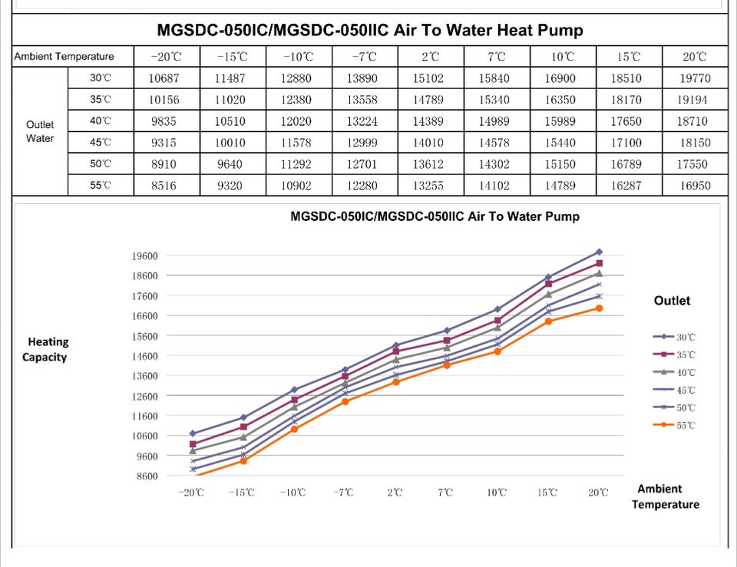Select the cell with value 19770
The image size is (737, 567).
694,78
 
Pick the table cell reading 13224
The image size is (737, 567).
364,121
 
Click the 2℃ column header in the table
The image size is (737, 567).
431,57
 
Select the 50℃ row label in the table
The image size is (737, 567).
101,164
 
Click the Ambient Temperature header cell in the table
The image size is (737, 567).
64,57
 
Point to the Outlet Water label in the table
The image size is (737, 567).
40,131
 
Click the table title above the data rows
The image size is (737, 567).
369,31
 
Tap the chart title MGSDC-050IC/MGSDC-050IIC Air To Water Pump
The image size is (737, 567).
435,217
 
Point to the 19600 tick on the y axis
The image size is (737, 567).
144,256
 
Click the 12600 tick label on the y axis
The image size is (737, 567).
144,396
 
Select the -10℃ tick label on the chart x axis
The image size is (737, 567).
292,493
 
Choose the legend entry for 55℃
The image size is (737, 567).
674,425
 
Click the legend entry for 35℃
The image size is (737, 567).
674,354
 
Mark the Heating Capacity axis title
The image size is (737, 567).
48,350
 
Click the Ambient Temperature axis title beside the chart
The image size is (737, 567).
665,496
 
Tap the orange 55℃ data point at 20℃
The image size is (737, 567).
599,308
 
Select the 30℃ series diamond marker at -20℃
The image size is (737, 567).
192,433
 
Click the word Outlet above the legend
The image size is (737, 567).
672,301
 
